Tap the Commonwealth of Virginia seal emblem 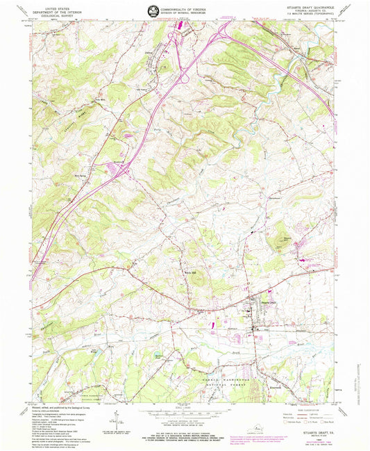point(152,10)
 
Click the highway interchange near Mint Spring point(122,169)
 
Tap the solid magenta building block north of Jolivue point(184,26)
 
